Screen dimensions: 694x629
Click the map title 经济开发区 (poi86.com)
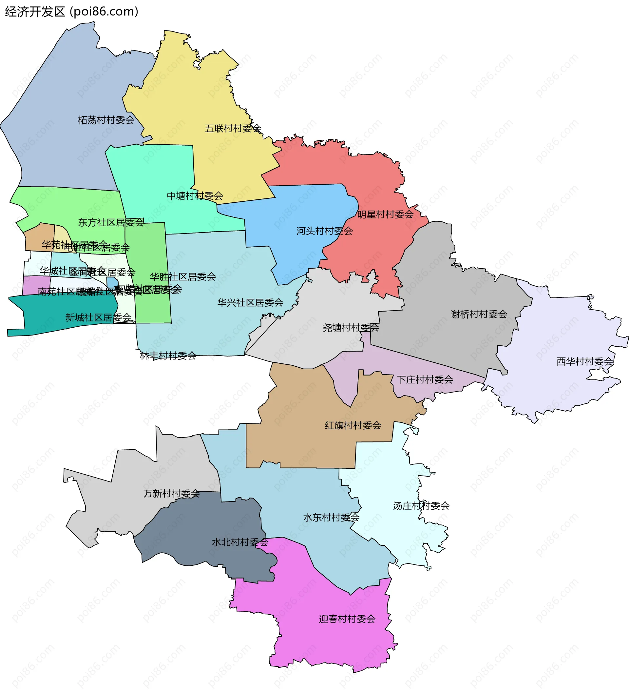pos(71,12)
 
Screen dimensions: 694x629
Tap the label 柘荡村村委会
pos(106,120)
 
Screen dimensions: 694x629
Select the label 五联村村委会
pos(233,129)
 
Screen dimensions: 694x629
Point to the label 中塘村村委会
pos(195,196)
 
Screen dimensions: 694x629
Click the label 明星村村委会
pos(385,215)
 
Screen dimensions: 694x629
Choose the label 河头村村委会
pos(325,231)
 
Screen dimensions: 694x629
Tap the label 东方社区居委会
pos(111,223)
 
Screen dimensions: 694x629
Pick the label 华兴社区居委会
pos(250,303)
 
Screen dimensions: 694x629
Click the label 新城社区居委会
pos(98,318)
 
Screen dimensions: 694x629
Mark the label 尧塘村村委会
pos(351,328)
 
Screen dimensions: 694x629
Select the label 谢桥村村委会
pos(479,314)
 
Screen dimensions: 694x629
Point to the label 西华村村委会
pos(585,362)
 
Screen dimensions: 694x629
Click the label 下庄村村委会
pos(425,380)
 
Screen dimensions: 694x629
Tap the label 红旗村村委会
pos(353,426)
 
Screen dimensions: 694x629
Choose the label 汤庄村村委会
pos(421,506)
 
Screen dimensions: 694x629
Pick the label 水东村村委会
pos(331,518)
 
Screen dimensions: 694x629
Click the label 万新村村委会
pos(172,494)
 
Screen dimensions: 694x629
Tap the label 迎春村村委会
pos(347,619)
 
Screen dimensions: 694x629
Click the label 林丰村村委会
pos(168,356)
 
